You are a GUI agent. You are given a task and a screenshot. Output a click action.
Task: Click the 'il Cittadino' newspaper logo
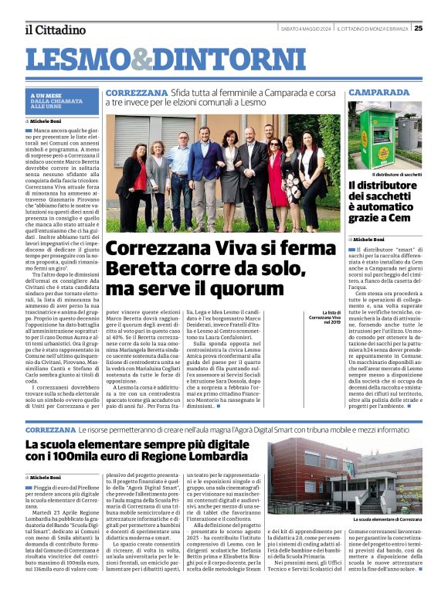pos(55,29)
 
